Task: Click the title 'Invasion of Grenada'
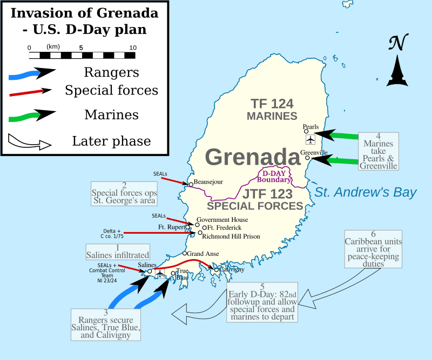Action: click(85, 12)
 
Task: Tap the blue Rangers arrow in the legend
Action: click(32, 73)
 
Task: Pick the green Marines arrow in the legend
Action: click(32, 115)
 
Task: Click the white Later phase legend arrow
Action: click(30, 142)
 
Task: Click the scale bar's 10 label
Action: click(132, 47)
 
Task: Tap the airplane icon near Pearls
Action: click(310, 140)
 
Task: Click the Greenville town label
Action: click(314, 153)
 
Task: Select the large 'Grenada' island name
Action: click(253, 158)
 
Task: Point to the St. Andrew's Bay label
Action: click(366, 192)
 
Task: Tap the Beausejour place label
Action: click(208, 182)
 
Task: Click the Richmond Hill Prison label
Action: click(231, 236)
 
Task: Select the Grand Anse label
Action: click(202, 253)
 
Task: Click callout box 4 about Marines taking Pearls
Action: click(379, 151)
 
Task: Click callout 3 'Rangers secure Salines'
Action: click(106, 324)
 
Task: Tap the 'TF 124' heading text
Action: click(272, 104)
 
